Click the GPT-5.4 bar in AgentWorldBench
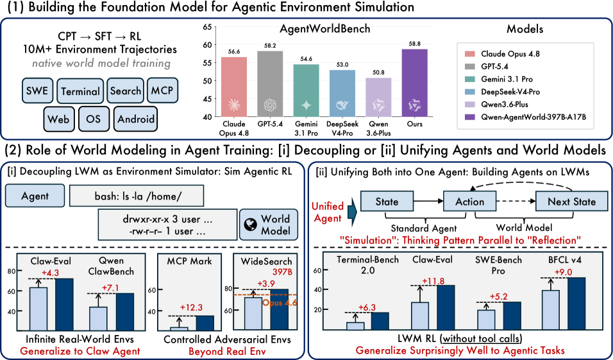pos(270,83)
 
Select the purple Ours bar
pos(414,83)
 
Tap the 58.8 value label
pos(414,44)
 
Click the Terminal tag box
pos(81,91)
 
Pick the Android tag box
pos(136,119)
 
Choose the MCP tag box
pos(162,90)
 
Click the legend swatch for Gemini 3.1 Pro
pos(469,79)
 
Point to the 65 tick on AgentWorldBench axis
pos(207,27)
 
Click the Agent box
pos(35,196)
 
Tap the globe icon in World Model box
pos(250,224)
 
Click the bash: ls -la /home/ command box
pos(137,196)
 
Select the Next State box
pos(571,201)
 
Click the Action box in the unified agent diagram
pos(469,201)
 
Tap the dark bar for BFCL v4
pos(576,304)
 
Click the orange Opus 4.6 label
pos(280,302)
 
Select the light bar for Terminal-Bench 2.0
pos(355,327)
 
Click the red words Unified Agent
pos(328,212)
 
